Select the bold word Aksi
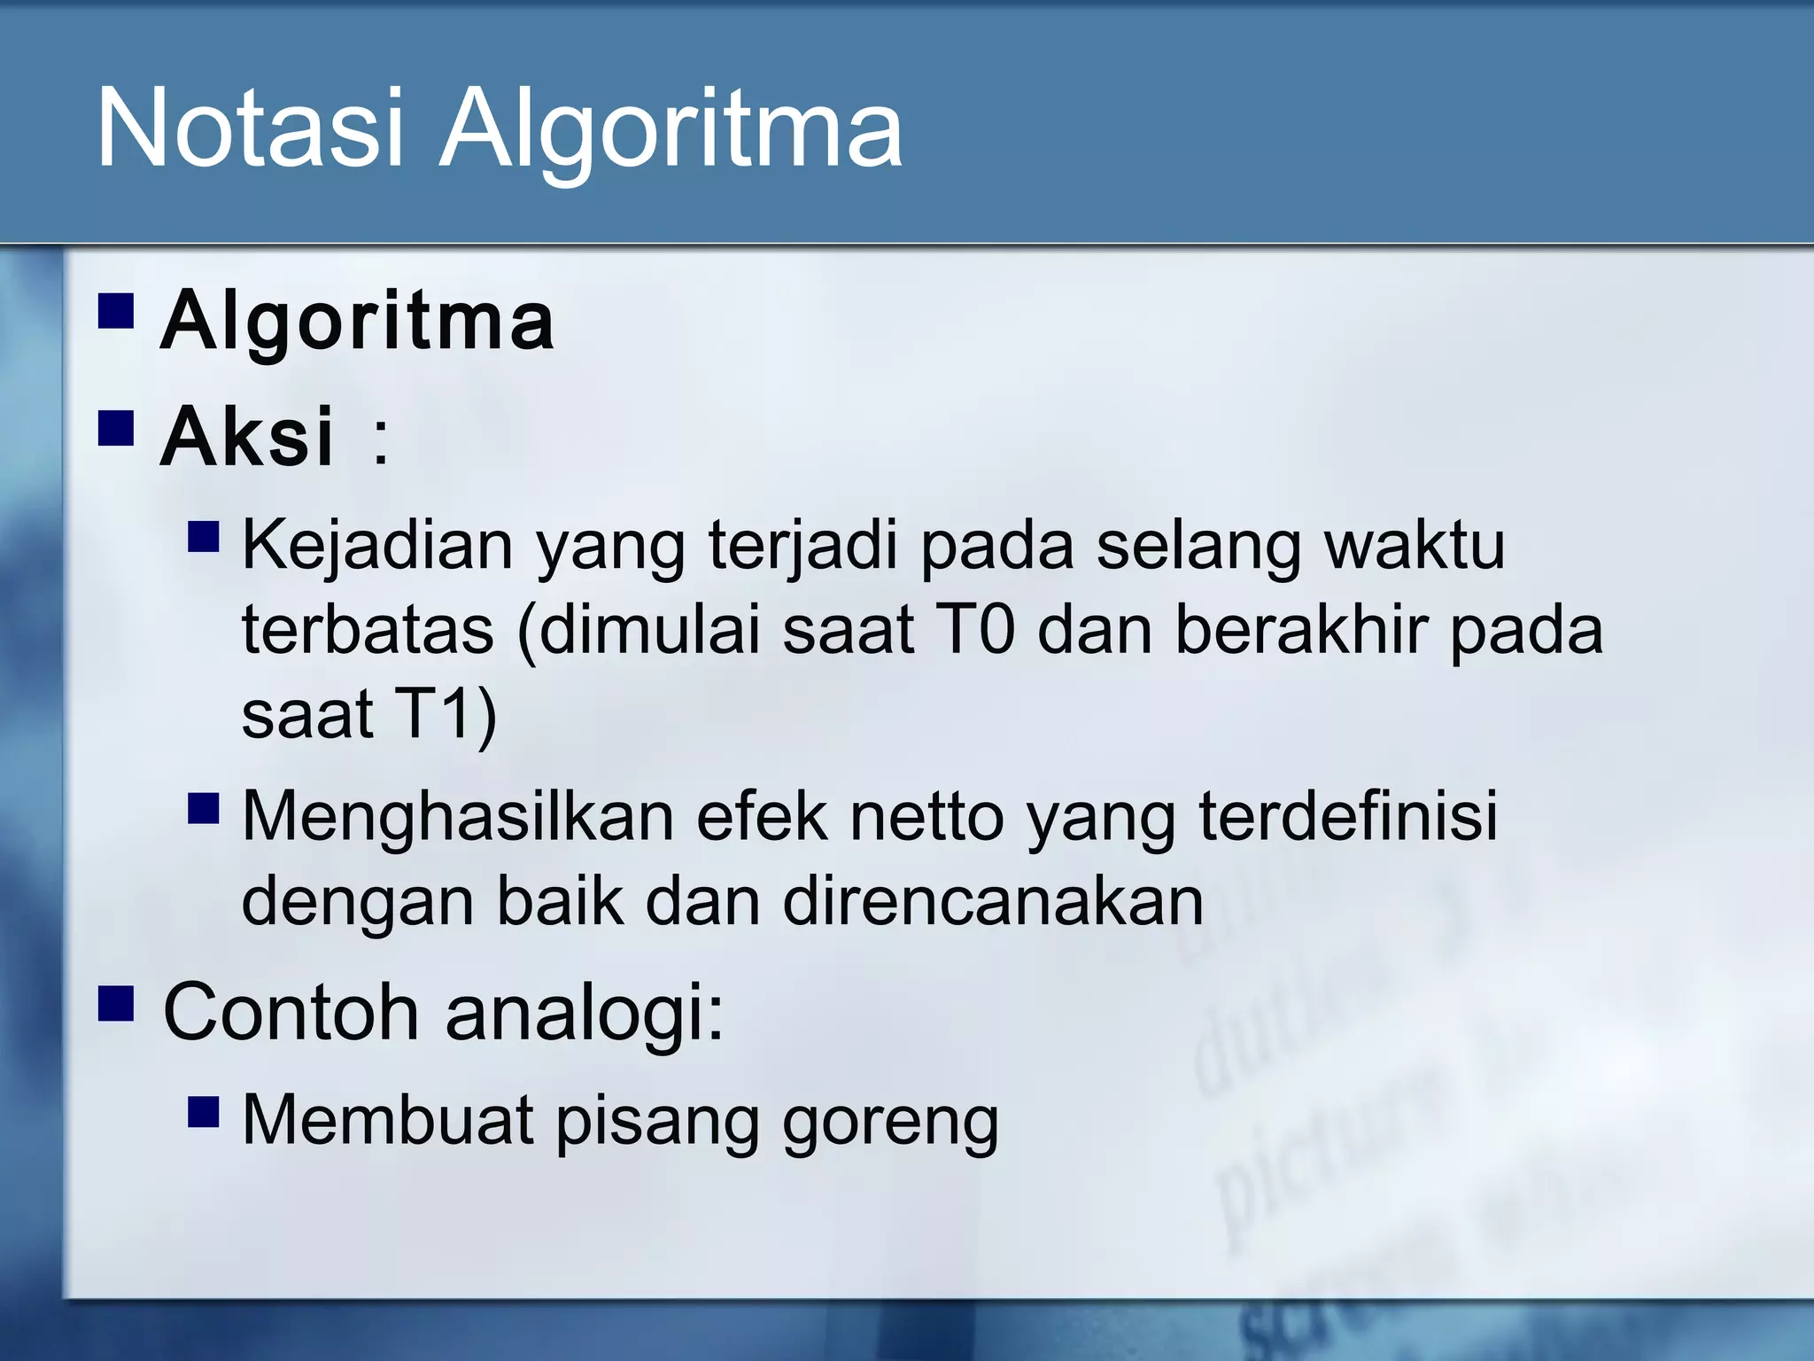pos(247,436)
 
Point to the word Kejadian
pos(377,546)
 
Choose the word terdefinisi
pos(1347,815)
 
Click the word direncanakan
pos(993,902)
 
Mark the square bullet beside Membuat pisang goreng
pos(204,1111)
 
